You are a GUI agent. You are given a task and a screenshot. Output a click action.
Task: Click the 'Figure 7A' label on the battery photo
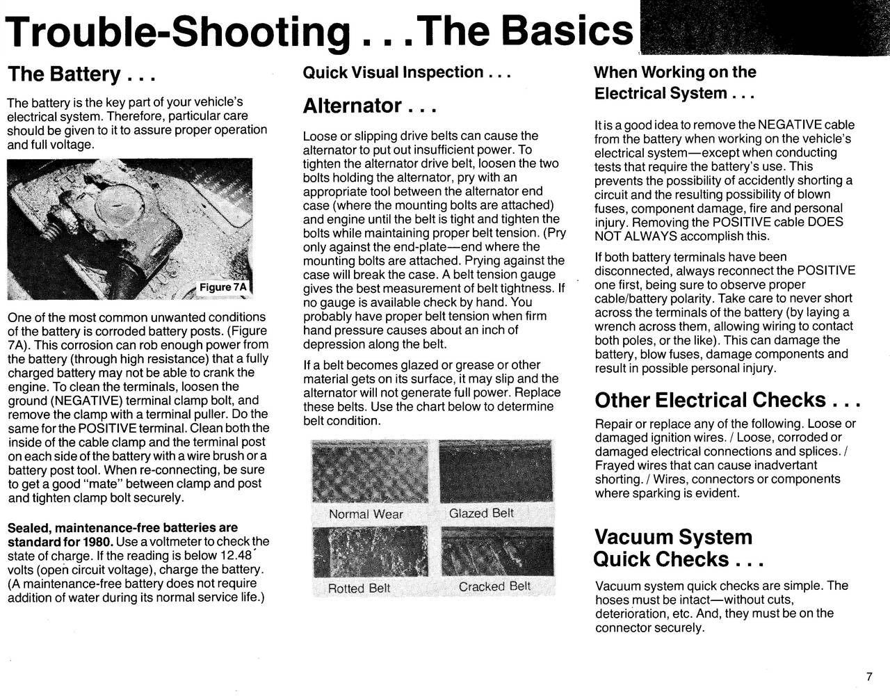(222, 287)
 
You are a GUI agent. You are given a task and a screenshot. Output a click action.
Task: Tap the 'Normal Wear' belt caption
(366, 515)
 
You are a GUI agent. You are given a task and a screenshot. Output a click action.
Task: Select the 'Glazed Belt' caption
(481, 513)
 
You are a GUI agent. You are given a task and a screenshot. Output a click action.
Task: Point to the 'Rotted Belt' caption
(359, 588)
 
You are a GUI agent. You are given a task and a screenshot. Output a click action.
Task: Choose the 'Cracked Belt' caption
(494, 586)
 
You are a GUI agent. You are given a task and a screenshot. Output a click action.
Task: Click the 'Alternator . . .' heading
(369, 106)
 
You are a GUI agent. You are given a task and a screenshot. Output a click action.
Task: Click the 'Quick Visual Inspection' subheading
(407, 72)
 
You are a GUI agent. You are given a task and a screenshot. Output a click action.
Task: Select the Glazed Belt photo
(496, 472)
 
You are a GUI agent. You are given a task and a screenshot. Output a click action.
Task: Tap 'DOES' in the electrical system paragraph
(827, 222)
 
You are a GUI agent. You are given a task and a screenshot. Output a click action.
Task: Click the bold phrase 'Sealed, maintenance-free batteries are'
(122, 528)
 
